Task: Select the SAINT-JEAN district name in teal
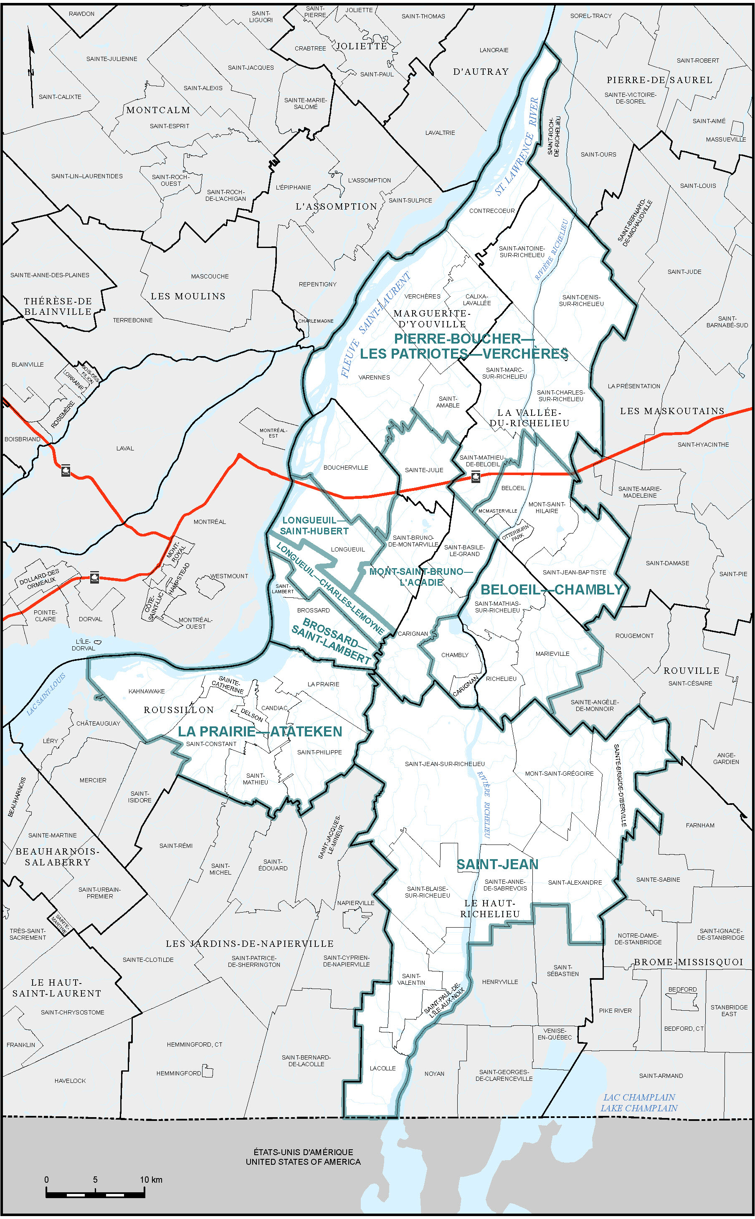[497, 865]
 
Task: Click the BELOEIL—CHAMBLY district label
[551, 589]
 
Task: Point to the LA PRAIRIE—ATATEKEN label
[260, 731]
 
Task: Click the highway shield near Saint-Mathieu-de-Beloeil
[475, 478]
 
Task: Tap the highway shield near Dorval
[94, 578]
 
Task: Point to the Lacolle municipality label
[383, 1068]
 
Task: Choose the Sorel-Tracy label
[591, 16]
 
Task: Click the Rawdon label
[81, 13]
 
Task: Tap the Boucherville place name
[345, 468]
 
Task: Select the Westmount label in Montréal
[229, 576]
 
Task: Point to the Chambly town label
[454, 655]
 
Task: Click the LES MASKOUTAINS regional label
[671, 411]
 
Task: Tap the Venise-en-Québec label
[554, 1034]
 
